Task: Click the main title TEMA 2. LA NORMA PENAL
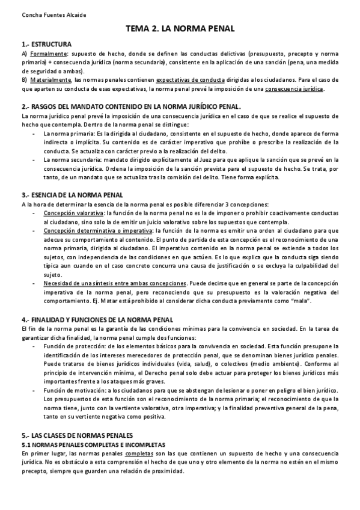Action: (x=180, y=29)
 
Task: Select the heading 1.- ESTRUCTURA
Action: (x=46, y=45)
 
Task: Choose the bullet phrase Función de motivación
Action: (x=78, y=390)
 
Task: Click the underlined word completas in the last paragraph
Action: (x=139, y=453)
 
